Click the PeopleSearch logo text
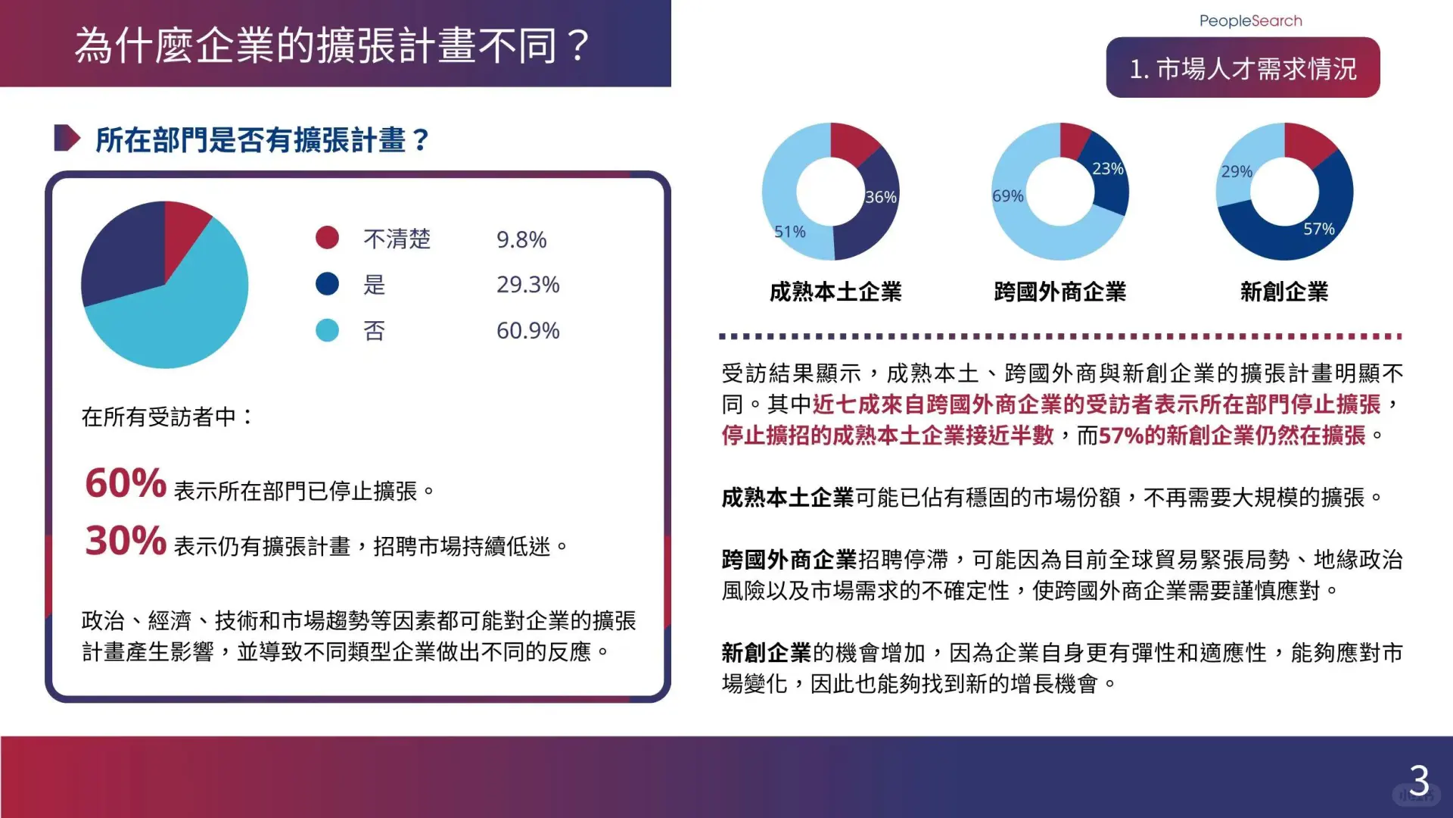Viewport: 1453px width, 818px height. [x=1250, y=21]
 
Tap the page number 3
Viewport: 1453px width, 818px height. [x=1419, y=780]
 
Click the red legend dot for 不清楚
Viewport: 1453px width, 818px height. [x=327, y=238]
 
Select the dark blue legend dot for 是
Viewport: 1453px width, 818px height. [x=327, y=284]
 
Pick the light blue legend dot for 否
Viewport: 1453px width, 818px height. [x=327, y=330]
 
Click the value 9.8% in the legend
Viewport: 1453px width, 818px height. [x=521, y=239]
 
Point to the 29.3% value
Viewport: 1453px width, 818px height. [x=528, y=285]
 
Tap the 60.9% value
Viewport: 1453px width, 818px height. [x=528, y=331]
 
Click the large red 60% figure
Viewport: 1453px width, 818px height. [x=126, y=483]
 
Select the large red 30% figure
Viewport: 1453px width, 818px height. [x=126, y=541]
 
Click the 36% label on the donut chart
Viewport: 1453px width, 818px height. [x=881, y=197]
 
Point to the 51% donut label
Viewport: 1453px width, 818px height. [x=790, y=232]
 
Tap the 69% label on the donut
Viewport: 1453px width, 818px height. [x=1008, y=196]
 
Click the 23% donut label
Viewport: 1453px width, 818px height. [x=1108, y=169]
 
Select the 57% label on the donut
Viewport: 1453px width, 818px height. [x=1319, y=229]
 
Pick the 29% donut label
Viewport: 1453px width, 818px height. [x=1237, y=172]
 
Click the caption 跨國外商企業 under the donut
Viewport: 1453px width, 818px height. [x=1059, y=292]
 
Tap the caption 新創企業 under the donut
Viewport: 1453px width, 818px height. [x=1284, y=292]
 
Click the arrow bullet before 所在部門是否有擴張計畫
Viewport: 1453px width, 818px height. [x=67, y=138]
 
